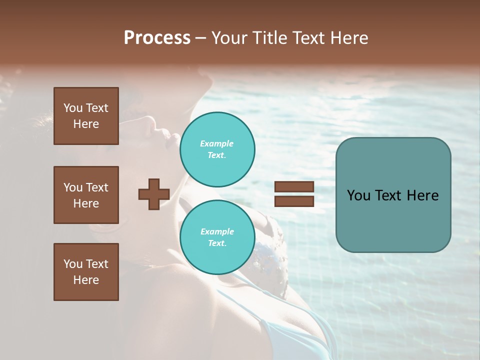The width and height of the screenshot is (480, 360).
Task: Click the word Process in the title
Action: coord(157,38)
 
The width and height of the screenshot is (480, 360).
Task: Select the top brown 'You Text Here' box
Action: coord(86,116)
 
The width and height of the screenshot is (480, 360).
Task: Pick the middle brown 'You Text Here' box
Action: coord(86,195)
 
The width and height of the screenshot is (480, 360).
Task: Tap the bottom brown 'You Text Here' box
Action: coord(86,272)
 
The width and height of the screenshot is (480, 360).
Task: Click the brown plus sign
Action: coord(154,194)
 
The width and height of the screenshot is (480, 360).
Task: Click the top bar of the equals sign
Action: coord(294,187)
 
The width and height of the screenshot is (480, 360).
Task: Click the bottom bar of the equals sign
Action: coord(294,201)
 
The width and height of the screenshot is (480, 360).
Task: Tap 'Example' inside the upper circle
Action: coord(217,143)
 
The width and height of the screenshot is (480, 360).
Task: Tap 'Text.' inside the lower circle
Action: coord(217,243)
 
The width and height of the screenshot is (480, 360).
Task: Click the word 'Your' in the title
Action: coord(230,38)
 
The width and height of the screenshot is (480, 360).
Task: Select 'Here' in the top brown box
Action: coord(86,124)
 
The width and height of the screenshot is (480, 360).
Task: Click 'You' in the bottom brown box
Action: coord(73,264)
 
